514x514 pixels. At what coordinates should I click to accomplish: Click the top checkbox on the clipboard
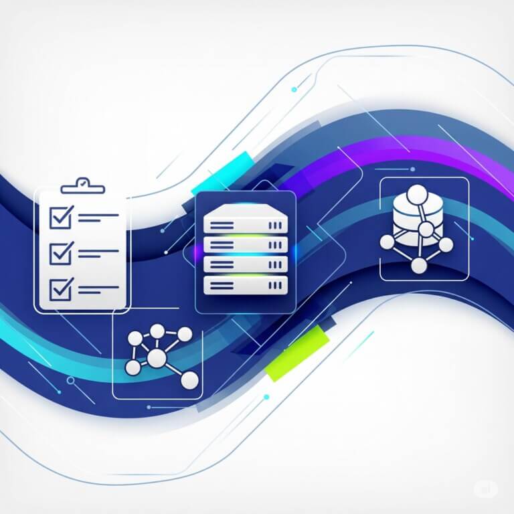point(62,216)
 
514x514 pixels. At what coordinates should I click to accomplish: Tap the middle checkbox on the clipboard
point(62,252)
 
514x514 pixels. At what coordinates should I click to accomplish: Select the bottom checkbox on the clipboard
point(62,288)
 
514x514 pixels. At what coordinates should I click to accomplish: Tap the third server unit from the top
point(245,264)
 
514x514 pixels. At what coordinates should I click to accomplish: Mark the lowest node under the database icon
point(419,266)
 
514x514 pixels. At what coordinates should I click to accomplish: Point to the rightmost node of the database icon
point(446,243)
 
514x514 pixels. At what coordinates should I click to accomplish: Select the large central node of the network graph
point(157,359)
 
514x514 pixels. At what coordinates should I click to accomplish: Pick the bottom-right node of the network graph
point(190,380)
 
